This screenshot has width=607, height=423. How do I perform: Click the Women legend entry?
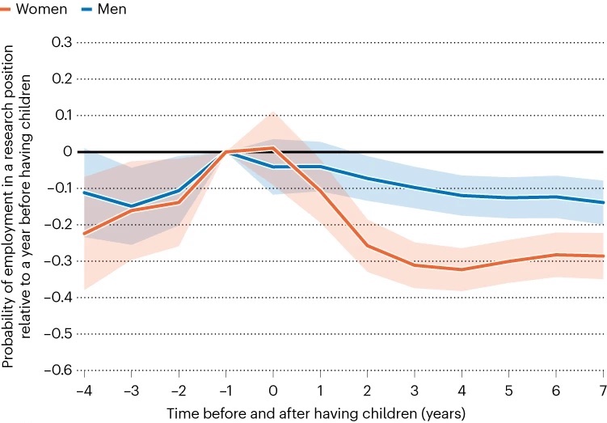[x=30, y=10]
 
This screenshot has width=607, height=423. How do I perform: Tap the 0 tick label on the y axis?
[x=67, y=151]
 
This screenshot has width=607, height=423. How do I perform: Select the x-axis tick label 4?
[x=462, y=391]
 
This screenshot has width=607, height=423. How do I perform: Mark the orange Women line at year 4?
[x=462, y=269]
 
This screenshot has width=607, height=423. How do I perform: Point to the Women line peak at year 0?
[x=273, y=148]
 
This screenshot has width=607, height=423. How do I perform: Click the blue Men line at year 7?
[x=602, y=202]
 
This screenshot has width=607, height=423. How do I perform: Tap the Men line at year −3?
[x=131, y=206]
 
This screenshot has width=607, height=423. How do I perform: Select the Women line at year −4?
[x=84, y=234]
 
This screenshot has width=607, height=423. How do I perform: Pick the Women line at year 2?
[x=367, y=246]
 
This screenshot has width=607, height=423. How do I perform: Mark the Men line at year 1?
[x=320, y=167]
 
